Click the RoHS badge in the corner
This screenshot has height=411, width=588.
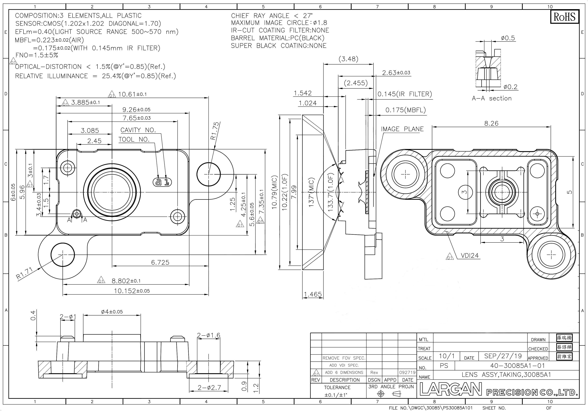coord(564,17)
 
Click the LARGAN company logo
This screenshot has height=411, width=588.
coord(451,389)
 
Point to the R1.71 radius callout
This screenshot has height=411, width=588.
coord(24,274)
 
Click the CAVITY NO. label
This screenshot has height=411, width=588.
coord(138,130)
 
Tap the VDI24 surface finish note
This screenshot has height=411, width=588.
coord(470,255)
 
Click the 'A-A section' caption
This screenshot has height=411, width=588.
coord(492,98)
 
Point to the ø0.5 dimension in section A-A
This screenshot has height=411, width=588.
coord(508,38)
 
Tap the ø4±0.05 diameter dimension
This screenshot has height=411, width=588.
coord(112,312)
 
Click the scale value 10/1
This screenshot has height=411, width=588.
coord(447,356)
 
